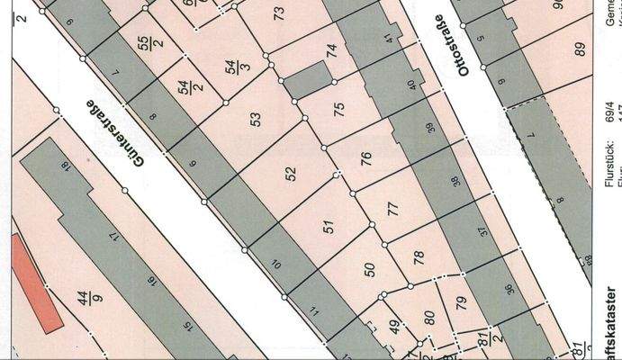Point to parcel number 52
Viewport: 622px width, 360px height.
tap(291, 174)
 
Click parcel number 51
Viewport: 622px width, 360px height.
tap(329, 226)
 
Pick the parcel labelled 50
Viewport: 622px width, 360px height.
tap(368, 268)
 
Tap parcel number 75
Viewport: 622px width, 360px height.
tap(338, 110)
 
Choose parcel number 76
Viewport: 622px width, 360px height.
tap(365, 159)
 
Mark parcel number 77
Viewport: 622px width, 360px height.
tap(392, 210)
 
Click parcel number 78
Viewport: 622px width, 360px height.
tap(418, 256)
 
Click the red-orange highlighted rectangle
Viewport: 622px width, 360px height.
tap(37, 283)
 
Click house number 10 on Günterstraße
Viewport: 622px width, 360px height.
tap(276, 264)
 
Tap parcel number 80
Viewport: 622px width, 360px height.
tap(429, 316)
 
